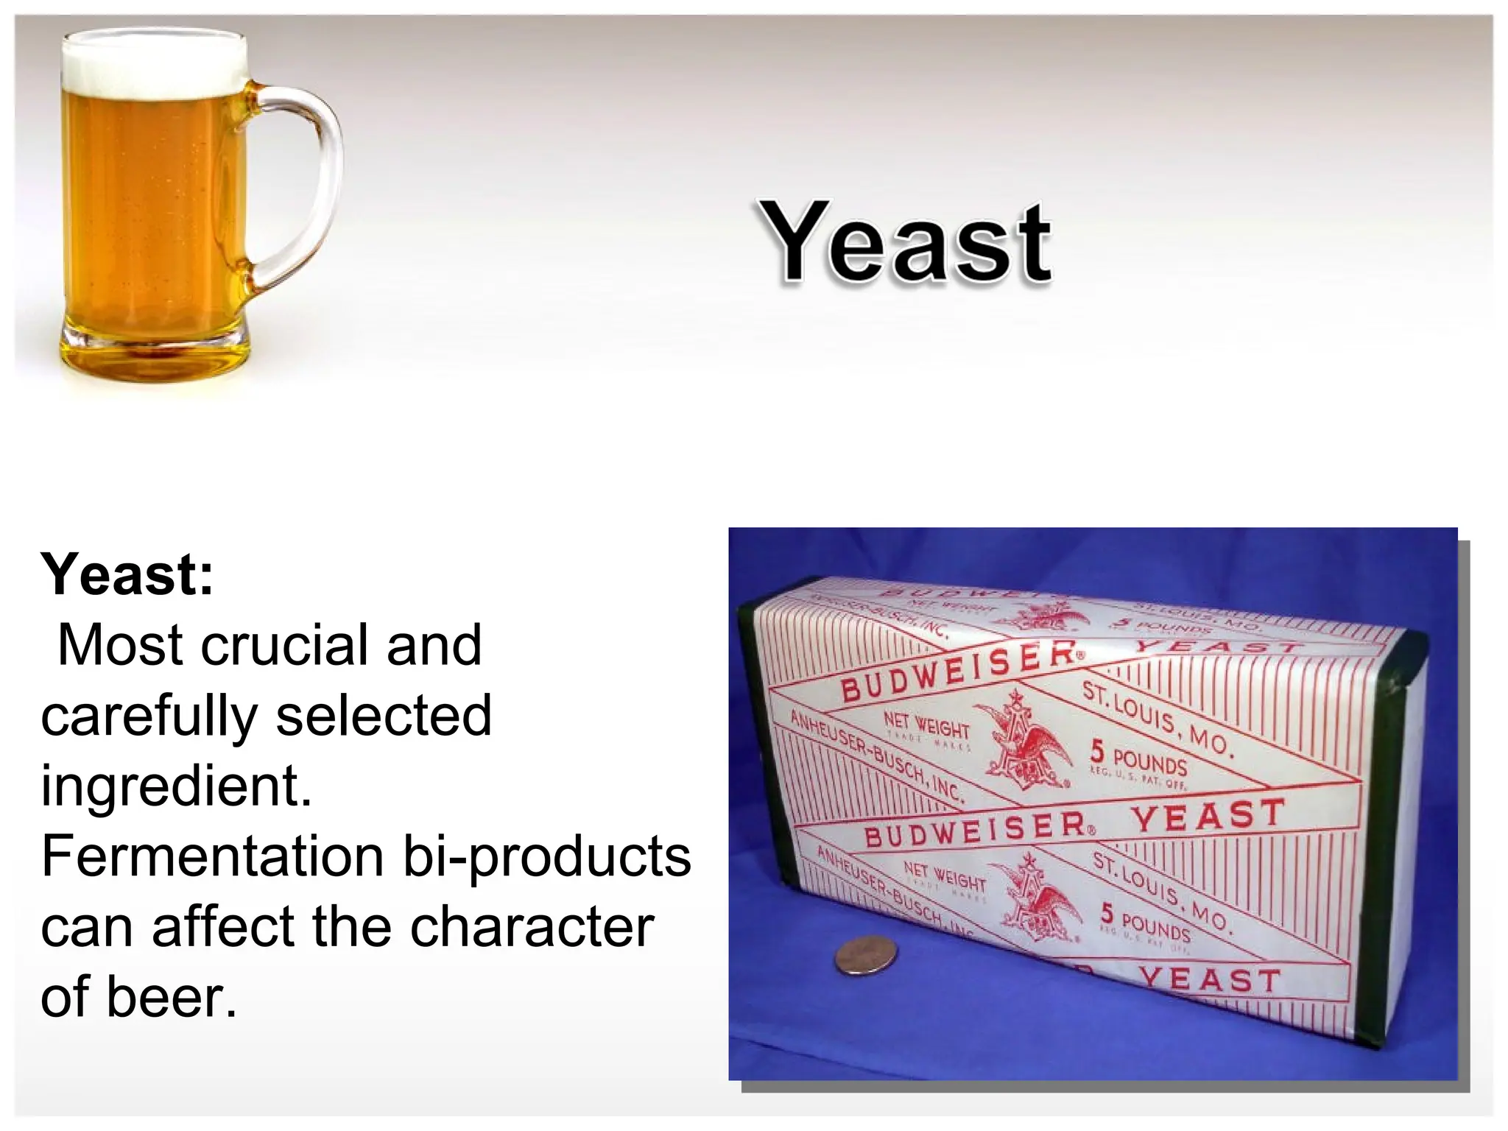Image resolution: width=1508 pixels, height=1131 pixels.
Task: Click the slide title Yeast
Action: coord(906,243)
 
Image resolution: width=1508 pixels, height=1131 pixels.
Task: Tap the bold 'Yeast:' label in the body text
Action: coord(127,575)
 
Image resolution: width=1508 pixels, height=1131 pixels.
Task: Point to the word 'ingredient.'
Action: coord(177,786)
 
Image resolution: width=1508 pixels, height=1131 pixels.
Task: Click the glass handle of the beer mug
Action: coord(309,184)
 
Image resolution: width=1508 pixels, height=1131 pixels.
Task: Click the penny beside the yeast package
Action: coord(867,956)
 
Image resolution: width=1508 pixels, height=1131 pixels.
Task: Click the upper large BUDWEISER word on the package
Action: coord(957,670)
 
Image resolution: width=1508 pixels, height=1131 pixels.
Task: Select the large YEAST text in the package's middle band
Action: coord(1208,816)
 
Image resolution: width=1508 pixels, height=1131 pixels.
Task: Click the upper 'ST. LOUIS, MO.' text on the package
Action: coord(1156,718)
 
